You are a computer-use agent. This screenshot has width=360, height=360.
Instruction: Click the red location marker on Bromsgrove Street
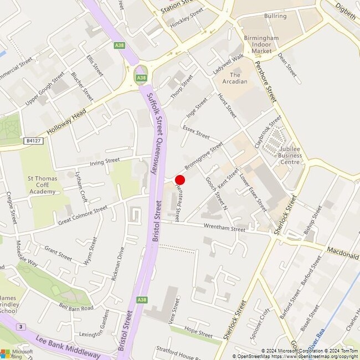[179, 179]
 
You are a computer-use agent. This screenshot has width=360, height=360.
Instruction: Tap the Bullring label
[275, 16]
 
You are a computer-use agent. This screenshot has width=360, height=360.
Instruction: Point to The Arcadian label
[235, 78]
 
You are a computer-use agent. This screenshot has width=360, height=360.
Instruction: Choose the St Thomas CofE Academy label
[43, 185]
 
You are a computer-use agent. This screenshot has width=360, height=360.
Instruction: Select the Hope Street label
[198, 333]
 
